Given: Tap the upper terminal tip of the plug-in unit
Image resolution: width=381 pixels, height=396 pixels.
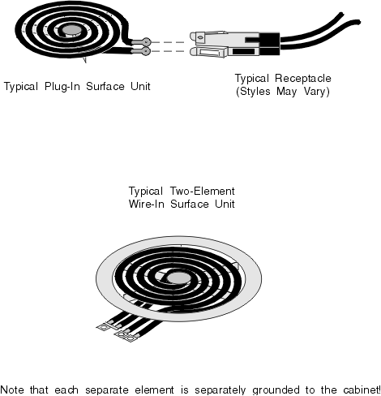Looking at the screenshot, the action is pyautogui.click(x=146, y=41).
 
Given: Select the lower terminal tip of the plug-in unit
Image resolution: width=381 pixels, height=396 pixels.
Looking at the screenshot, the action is pyautogui.click(x=146, y=51).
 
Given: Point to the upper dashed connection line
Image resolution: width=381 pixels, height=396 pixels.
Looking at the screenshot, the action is pyautogui.click(x=168, y=42).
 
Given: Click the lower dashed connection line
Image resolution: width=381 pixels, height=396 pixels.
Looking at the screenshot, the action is pyautogui.click(x=168, y=51).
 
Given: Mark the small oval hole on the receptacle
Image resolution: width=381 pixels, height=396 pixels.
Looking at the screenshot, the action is pyautogui.click(x=200, y=37).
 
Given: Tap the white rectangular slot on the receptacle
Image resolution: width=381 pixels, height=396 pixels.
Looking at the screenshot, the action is pyautogui.click(x=210, y=52).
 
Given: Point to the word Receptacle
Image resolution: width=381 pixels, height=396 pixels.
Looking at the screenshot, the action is pyautogui.click(x=303, y=79).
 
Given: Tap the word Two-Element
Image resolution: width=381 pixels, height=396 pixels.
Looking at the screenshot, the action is pyautogui.click(x=203, y=191).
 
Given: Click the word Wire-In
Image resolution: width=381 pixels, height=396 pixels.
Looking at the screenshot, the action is pyautogui.click(x=147, y=204).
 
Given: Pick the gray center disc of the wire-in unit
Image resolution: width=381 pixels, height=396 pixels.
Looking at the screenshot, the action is pyautogui.click(x=178, y=278).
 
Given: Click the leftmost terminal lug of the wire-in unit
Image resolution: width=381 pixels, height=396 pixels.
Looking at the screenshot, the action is pyautogui.click(x=103, y=327).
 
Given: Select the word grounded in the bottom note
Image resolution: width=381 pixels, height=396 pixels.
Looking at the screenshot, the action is pyautogui.click(x=276, y=390).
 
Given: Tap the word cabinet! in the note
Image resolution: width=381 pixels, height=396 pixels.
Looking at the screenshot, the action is pyautogui.click(x=362, y=390).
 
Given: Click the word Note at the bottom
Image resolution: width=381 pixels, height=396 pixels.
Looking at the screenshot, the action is pyautogui.click(x=12, y=390).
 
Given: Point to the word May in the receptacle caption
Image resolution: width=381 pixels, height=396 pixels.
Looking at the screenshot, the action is pyautogui.click(x=287, y=92).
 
